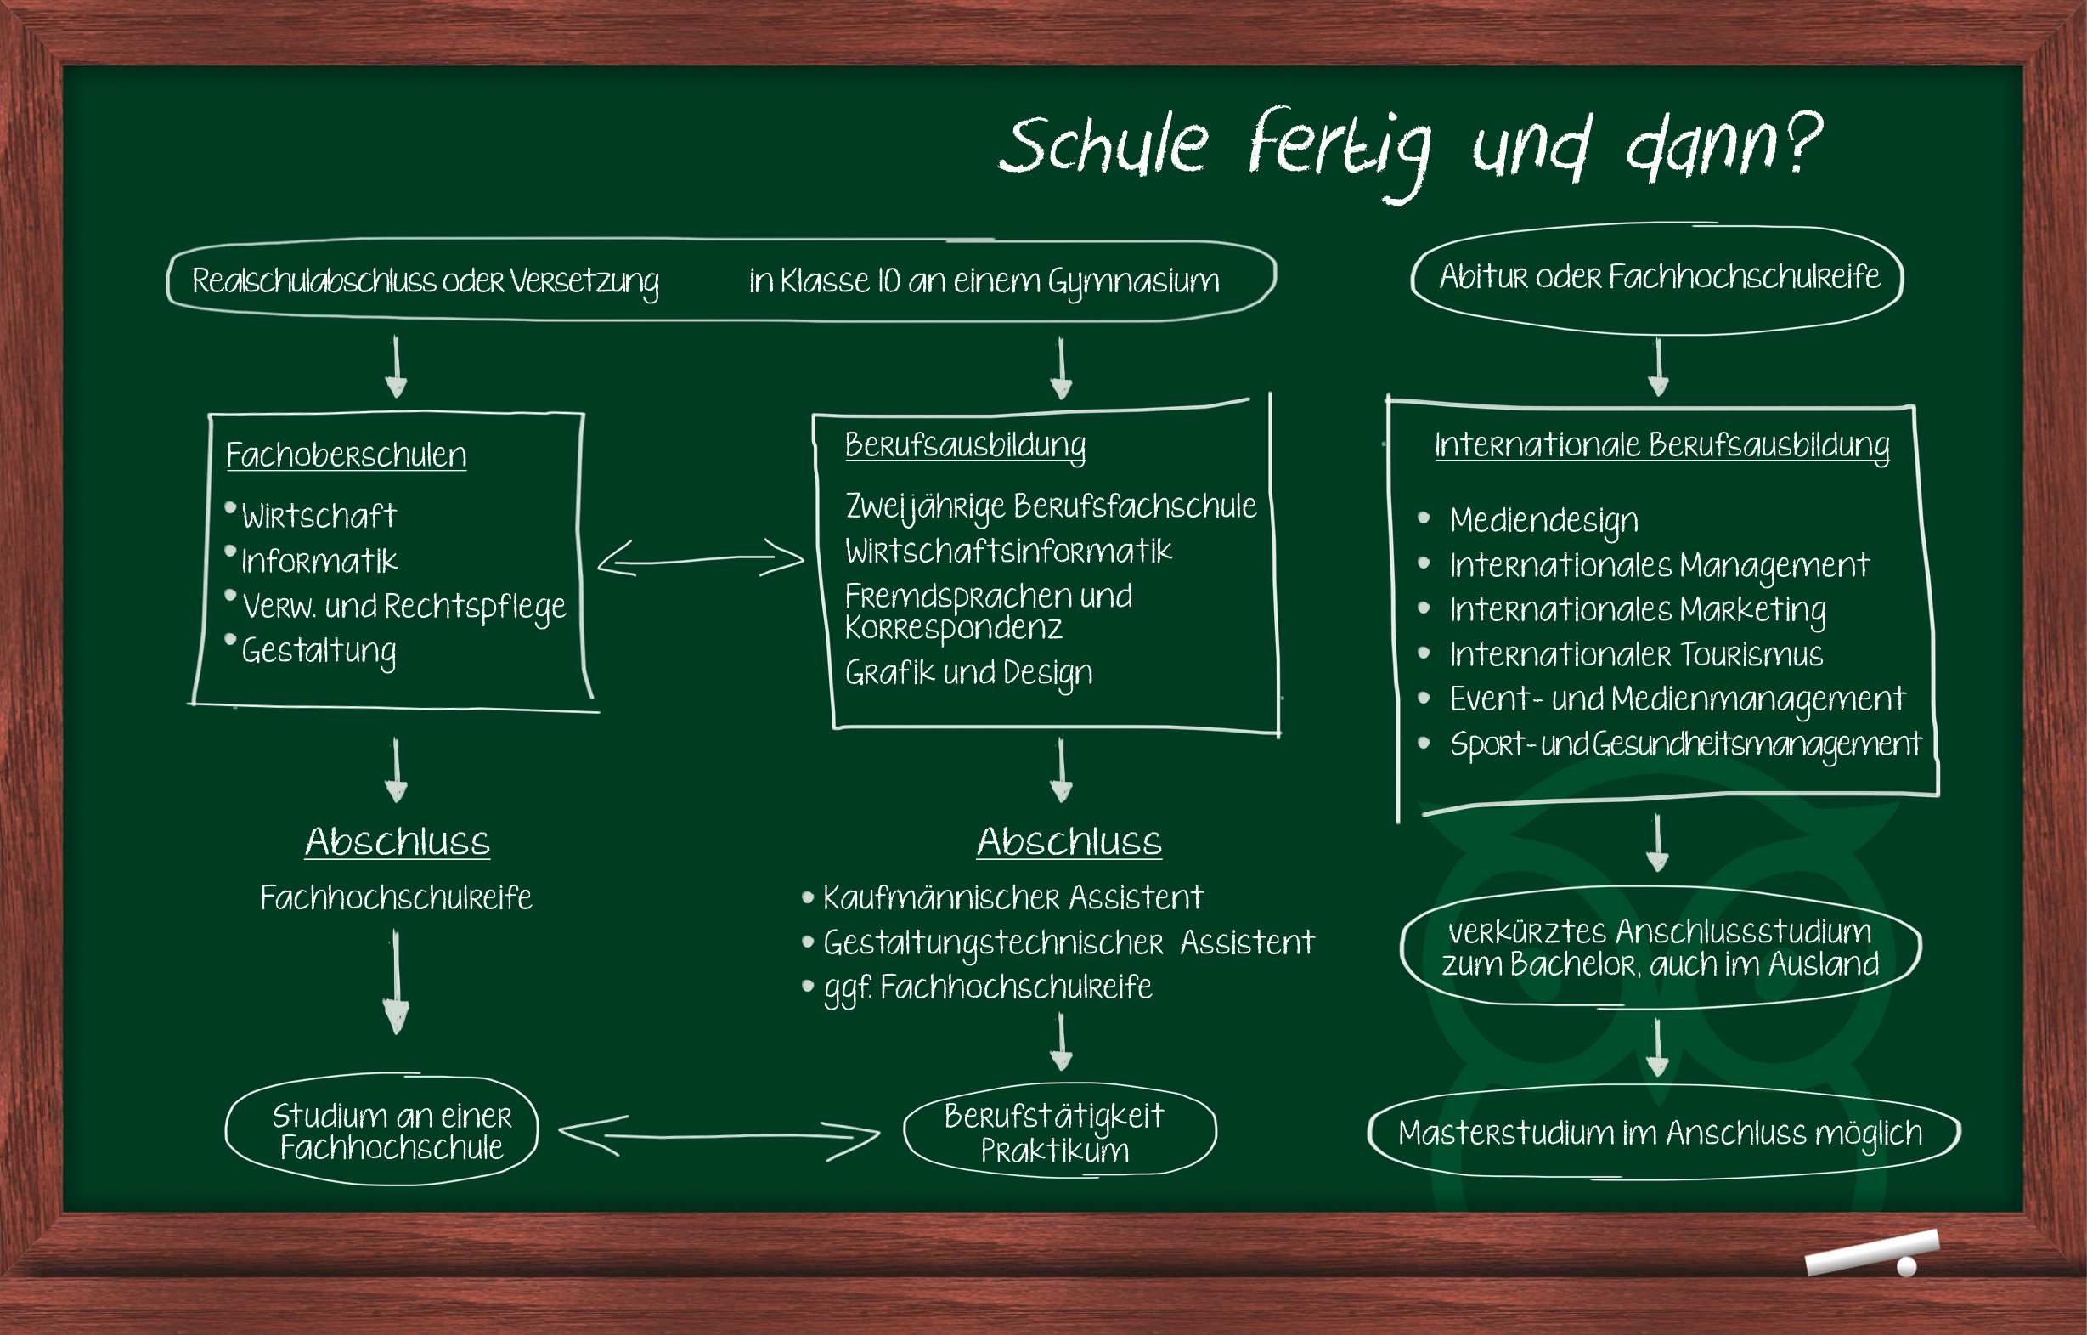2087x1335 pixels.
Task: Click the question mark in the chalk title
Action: pos(1804,142)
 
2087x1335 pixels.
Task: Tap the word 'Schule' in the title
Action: pos(1103,144)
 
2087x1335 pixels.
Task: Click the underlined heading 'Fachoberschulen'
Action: pos(346,455)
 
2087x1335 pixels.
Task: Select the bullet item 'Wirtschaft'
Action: pos(318,517)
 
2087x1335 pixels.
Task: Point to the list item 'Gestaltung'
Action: pos(318,651)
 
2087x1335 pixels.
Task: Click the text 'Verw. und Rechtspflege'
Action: pos(403,607)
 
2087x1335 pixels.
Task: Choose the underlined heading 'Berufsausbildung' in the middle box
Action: pos(965,445)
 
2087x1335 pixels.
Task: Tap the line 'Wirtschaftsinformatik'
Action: pos(1008,552)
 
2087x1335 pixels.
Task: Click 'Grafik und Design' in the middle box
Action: pos(968,674)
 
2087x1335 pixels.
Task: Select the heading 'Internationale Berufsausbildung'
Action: pos(1661,445)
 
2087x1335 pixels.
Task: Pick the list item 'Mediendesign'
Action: pos(1543,520)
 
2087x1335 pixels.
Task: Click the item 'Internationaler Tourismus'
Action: pos(1635,654)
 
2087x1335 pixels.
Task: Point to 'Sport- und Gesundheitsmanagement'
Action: pos(1685,744)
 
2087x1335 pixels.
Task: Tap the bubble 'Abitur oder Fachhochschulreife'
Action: pos(1658,277)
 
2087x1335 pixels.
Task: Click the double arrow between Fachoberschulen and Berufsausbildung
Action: pos(700,558)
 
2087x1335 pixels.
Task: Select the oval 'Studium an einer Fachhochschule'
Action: pos(391,1131)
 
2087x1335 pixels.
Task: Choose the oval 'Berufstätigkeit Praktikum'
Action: pos(1055,1132)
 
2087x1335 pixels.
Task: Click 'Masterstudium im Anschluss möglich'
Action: pos(1660,1133)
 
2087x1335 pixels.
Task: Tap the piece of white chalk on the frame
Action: pos(1870,1253)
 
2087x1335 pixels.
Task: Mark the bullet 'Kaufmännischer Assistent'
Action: pos(1012,898)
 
